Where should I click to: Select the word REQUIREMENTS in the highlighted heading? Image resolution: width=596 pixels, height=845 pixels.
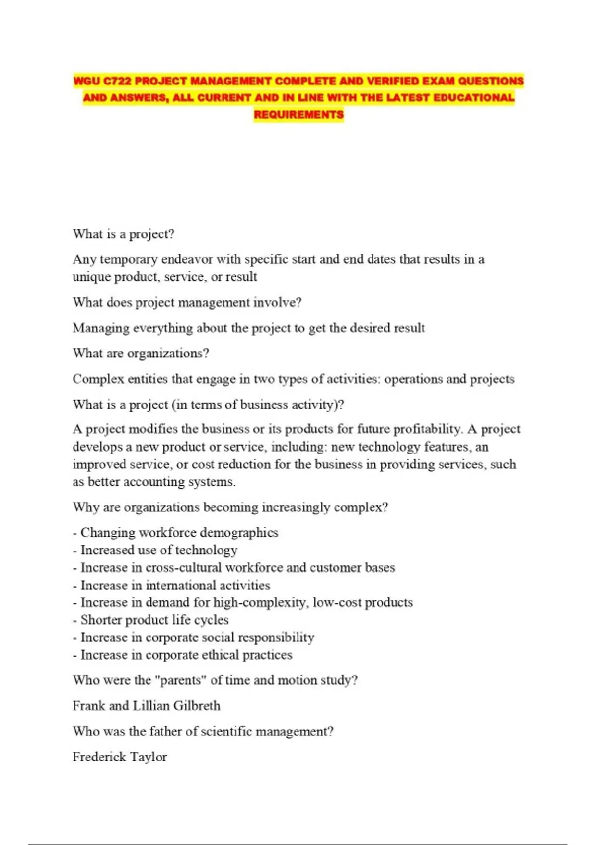point(298,115)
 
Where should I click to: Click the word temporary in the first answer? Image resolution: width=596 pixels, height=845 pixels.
point(129,259)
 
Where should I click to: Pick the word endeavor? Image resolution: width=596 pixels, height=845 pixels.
point(187,259)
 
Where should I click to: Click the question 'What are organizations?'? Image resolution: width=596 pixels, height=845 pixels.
point(141,353)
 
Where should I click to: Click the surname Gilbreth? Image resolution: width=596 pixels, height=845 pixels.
point(197,706)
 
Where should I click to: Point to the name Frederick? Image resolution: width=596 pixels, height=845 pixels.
point(99,757)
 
